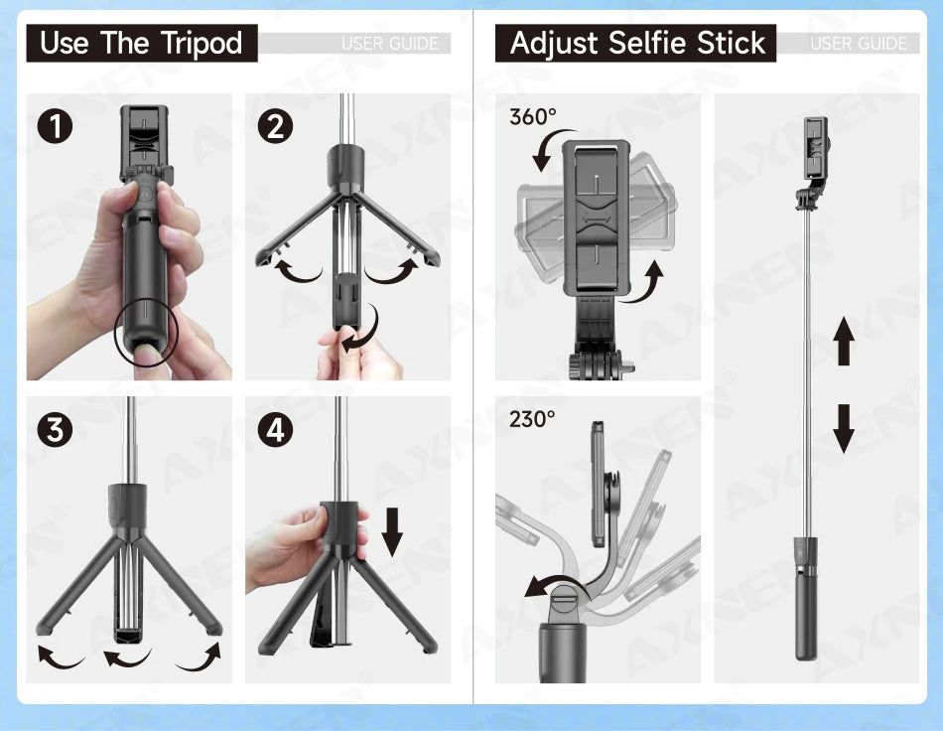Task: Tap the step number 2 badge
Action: [275, 126]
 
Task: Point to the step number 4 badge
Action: [275, 430]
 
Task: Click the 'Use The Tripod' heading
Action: [141, 44]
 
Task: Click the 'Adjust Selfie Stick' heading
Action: [637, 44]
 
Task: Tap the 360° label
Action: [533, 117]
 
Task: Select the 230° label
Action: [532, 419]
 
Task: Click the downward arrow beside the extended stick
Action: [844, 428]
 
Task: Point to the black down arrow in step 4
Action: [393, 530]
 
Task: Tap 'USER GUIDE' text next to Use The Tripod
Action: [389, 44]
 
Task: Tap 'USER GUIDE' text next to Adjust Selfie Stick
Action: [858, 44]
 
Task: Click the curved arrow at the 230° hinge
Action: [548, 587]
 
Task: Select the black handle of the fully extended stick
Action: [805, 606]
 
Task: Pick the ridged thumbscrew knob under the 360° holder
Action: [577, 365]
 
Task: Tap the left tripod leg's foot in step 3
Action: [45, 628]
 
